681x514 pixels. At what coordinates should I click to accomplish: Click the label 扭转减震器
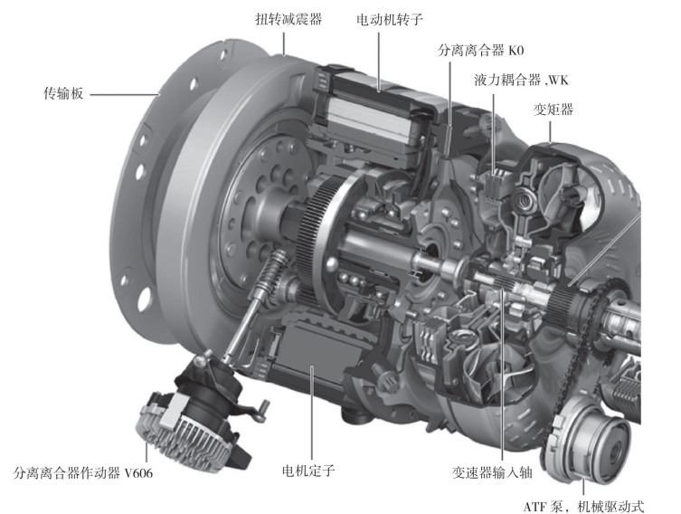point(288,19)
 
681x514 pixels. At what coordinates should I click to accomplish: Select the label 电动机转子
point(389,19)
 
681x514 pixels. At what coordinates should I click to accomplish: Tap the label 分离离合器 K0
point(481,51)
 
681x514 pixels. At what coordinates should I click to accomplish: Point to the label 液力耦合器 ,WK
point(521,80)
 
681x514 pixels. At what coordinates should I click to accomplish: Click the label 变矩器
point(553,109)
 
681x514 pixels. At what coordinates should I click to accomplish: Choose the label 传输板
point(63,93)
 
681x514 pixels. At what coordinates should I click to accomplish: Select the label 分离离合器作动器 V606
point(83,472)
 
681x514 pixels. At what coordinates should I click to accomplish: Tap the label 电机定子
point(307,471)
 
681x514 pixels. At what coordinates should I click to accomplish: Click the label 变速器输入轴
point(492,472)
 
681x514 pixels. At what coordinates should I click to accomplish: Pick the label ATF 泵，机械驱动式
point(583,506)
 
